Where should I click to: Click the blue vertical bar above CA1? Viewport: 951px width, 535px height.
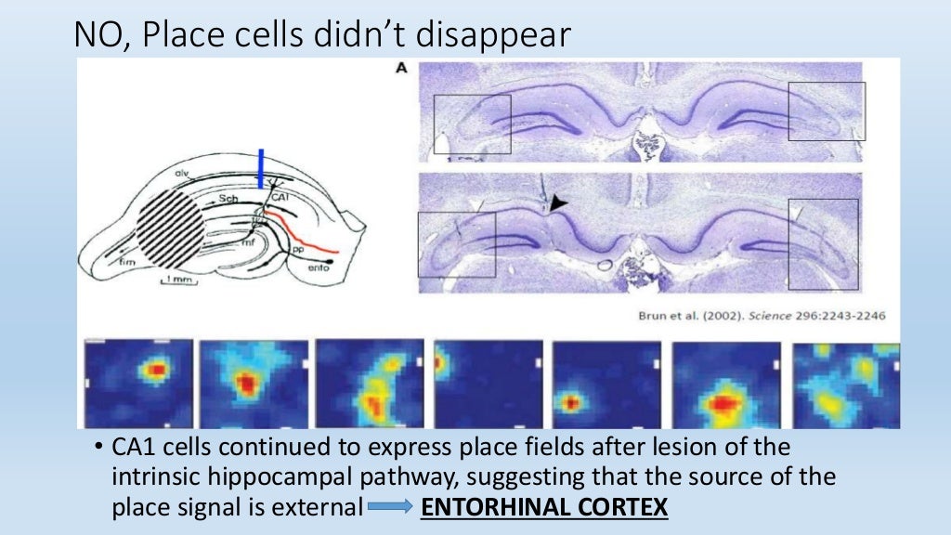coord(261,171)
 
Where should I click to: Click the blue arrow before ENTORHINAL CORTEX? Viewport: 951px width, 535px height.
coord(390,509)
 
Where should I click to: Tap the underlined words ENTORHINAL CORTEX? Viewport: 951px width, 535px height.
coord(544,508)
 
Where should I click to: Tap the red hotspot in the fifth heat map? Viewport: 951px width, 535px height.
coord(571,403)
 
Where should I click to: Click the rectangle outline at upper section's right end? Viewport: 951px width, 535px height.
coord(827,111)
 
